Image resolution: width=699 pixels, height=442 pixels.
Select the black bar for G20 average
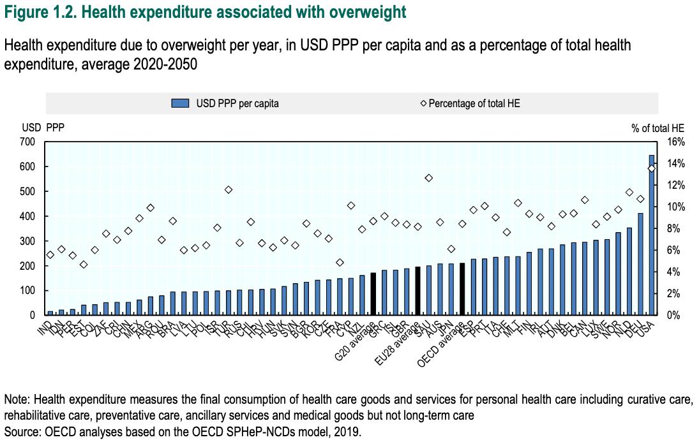click(x=373, y=294)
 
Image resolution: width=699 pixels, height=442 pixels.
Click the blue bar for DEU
click(x=641, y=264)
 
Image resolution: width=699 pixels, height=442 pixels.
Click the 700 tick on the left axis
click(x=29, y=142)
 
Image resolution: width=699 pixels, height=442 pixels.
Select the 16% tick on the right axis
click(x=676, y=142)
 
